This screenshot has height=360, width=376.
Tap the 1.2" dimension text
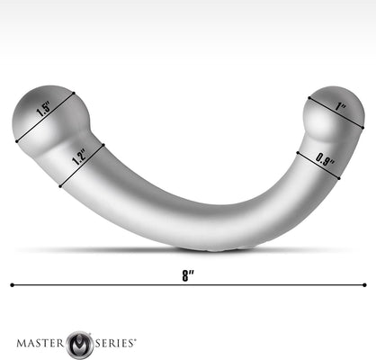80,160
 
